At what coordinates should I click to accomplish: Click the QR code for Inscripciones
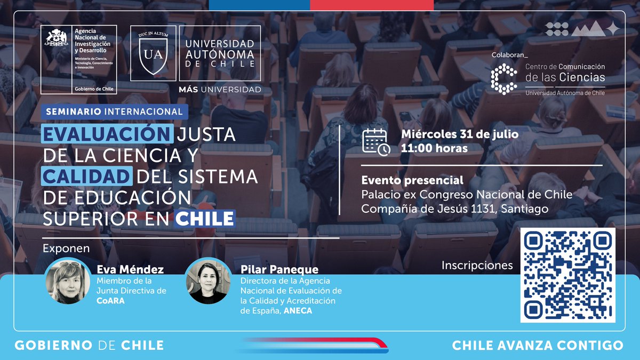pyautogui.click(x=568, y=275)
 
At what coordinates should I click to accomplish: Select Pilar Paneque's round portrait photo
pyautogui.click(x=209, y=281)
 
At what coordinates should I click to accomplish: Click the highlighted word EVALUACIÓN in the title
pyautogui.click(x=107, y=134)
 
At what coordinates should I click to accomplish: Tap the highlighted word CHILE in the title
pyautogui.click(x=205, y=218)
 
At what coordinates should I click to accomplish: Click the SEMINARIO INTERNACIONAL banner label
pyautogui.click(x=114, y=112)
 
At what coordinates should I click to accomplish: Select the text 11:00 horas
pyautogui.click(x=434, y=148)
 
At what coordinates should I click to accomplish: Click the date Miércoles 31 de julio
pyautogui.click(x=459, y=134)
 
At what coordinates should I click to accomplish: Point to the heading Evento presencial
pyautogui.click(x=412, y=180)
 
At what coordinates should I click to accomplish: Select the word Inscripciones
pyautogui.click(x=477, y=265)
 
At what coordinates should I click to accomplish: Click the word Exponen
pyautogui.click(x=66, y=249)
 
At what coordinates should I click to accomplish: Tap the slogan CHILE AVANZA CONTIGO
pyautogui.click(x=537, y=345)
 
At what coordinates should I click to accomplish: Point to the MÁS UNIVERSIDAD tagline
pyautogui.click(x=220, y=89)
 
